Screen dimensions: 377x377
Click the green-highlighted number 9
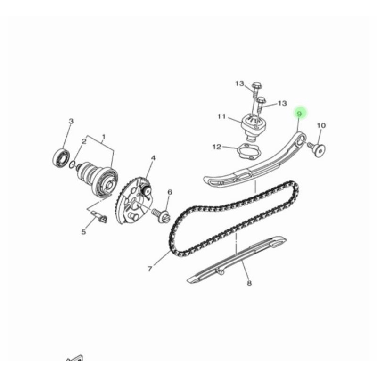tap(299, 114)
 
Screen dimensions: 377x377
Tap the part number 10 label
tap(321, 125)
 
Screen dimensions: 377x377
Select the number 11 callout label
tap(221, 116)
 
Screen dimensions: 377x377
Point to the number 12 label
tap(217, 147)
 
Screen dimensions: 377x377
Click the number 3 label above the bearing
tap(71, 121)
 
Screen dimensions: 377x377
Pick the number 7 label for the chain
tap(150, 269)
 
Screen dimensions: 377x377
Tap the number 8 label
tap(249, 283)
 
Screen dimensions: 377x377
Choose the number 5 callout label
tap(83, 232)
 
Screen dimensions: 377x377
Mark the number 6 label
tap(170, 192)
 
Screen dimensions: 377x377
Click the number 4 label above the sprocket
tap(153, 158)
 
